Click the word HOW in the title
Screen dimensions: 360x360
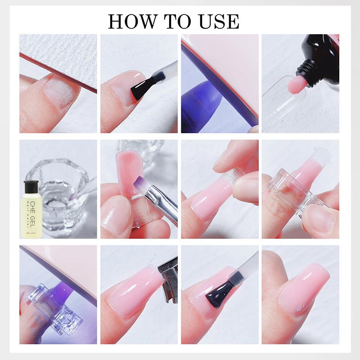pyautogui.click(x=130, y=21)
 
